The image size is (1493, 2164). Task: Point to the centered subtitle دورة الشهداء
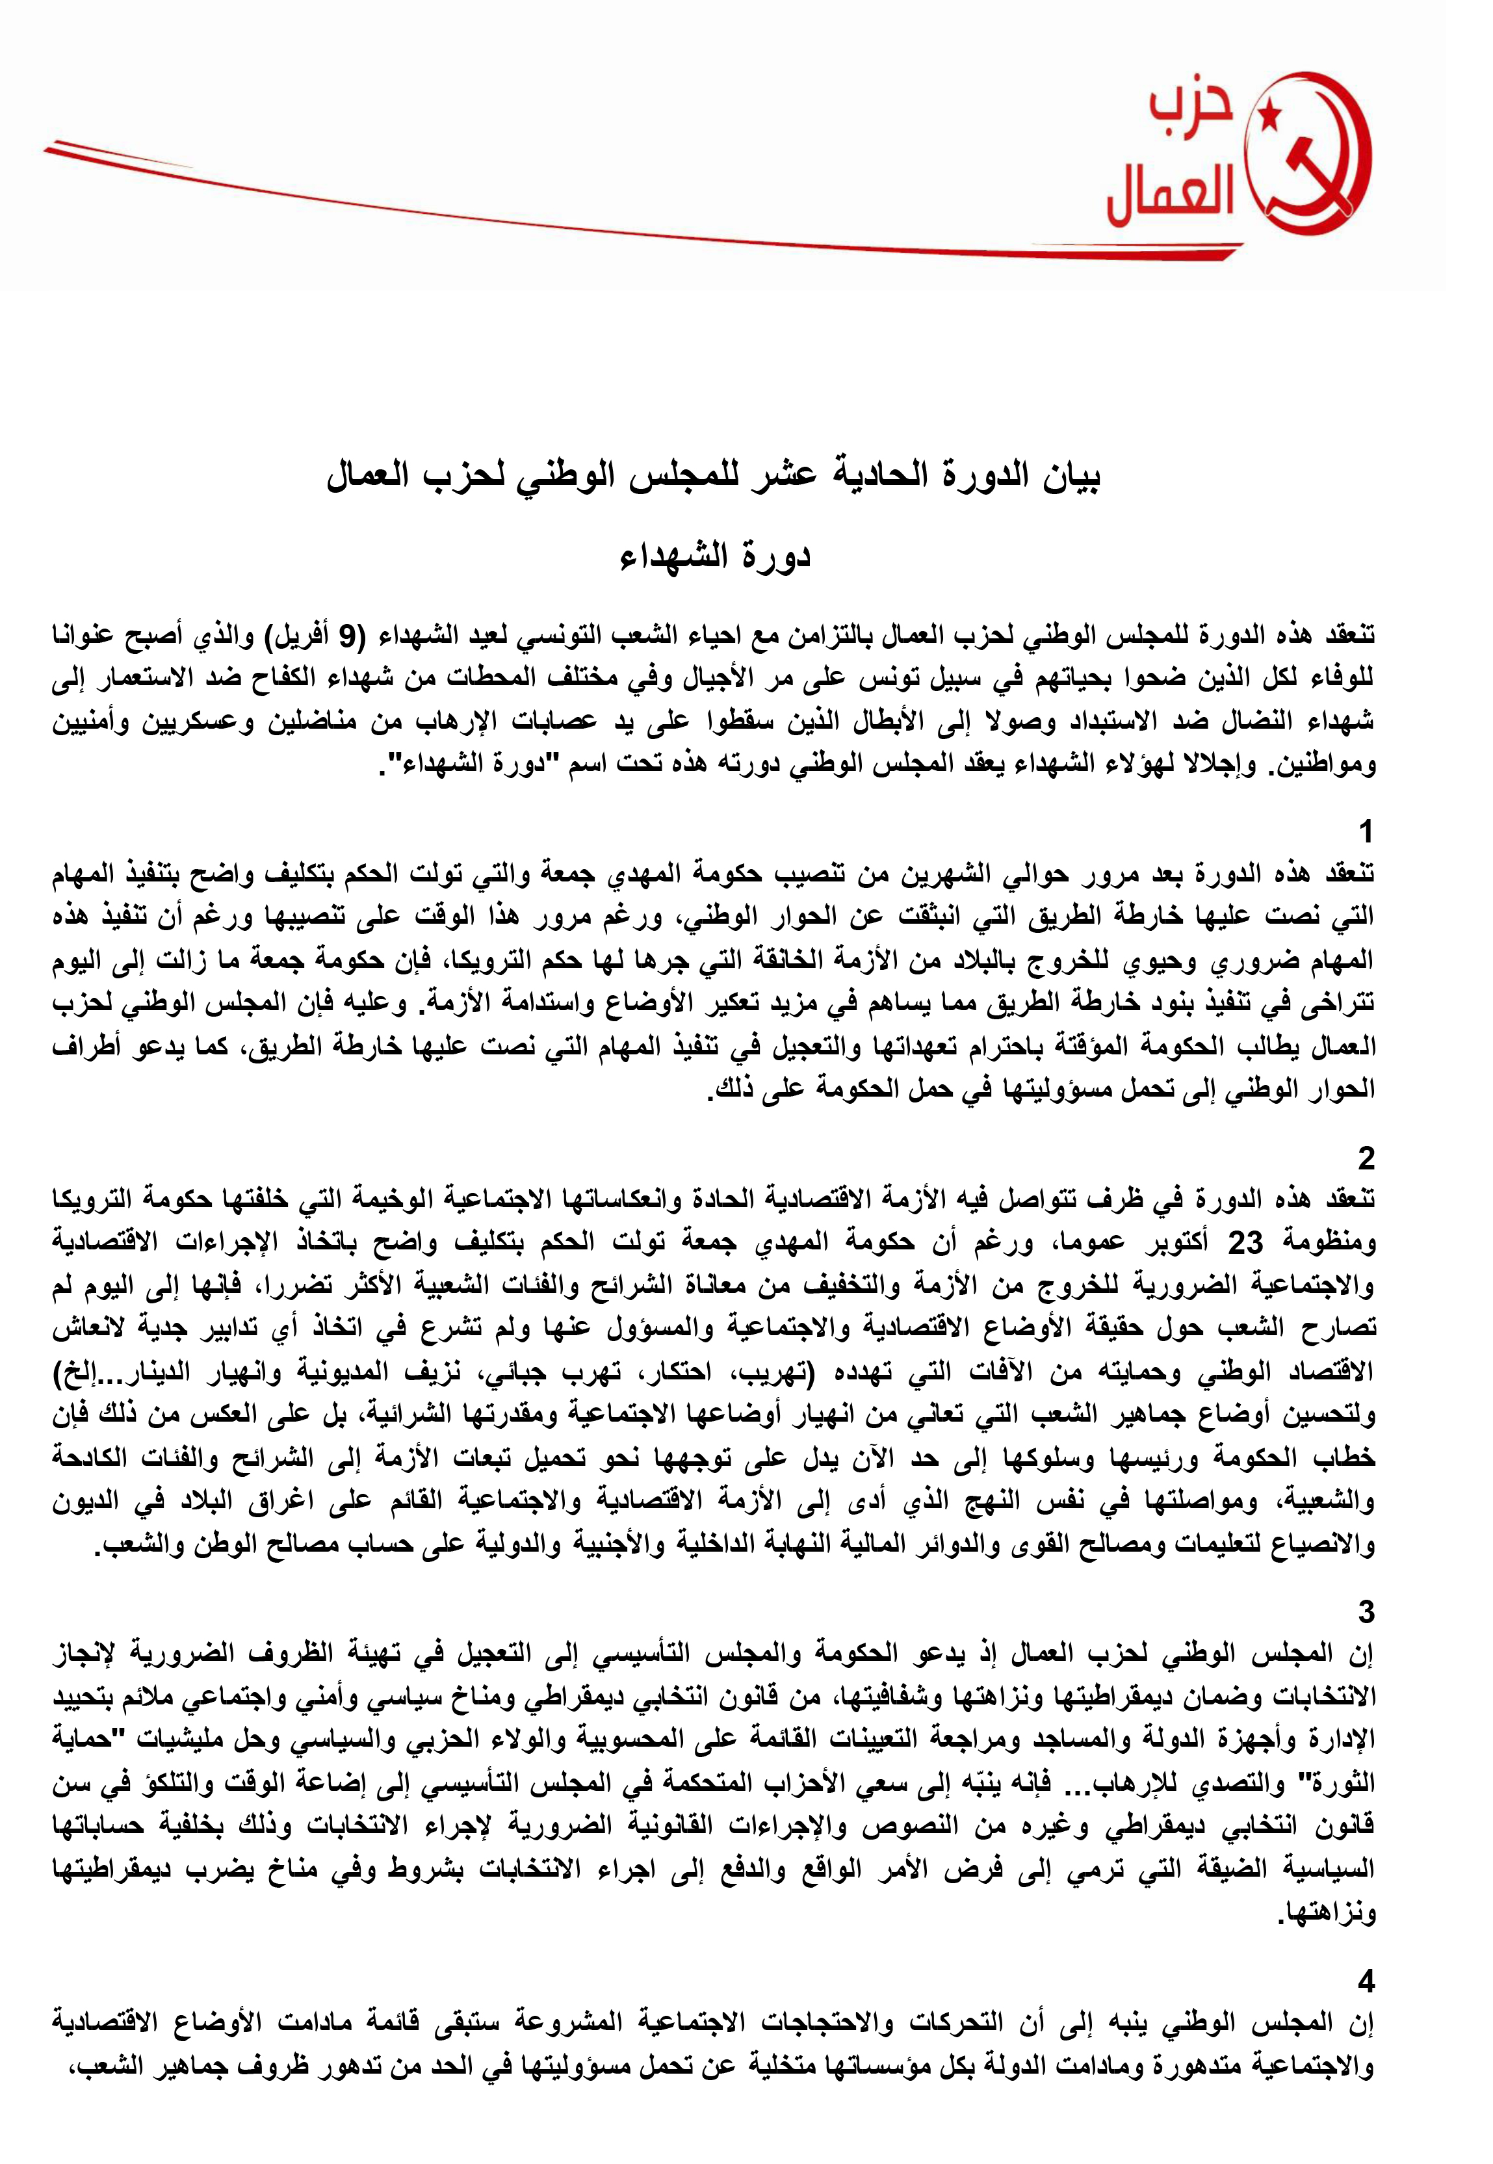(716, 556)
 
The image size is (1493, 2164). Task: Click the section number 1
(1366, 831)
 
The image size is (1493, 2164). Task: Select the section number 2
(1366, 1159)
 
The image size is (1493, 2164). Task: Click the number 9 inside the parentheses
(347, 636)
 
